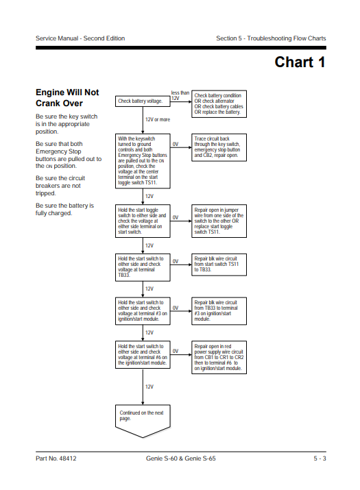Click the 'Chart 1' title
tap(300, 62)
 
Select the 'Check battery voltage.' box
tap(143, 101)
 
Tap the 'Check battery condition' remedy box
tap(219, 104)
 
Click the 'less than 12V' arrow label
tap(180, 95)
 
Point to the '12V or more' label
tap(158, 120)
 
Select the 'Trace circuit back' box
tap(219, 147)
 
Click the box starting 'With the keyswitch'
tap(143, 161)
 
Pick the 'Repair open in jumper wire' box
tap(219, 221)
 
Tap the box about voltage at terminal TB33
tap(143, 267)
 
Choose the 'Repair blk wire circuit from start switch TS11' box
tap(219, 265)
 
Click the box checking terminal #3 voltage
tap(143, 311)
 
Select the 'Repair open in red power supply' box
tap(219, 357)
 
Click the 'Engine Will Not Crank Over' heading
tap(67, 98)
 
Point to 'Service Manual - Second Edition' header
tap(80, 38)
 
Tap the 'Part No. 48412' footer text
tap(56, 458)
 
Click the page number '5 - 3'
tap(320, 458)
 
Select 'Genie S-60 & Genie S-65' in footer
tap(181, 458)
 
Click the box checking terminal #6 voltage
tap(143, 355)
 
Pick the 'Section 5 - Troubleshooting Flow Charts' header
tap(271, 38)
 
